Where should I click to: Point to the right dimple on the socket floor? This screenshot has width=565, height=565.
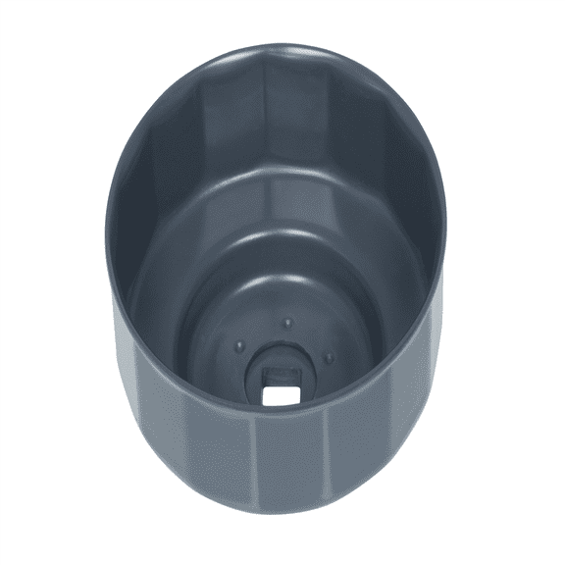329,357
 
